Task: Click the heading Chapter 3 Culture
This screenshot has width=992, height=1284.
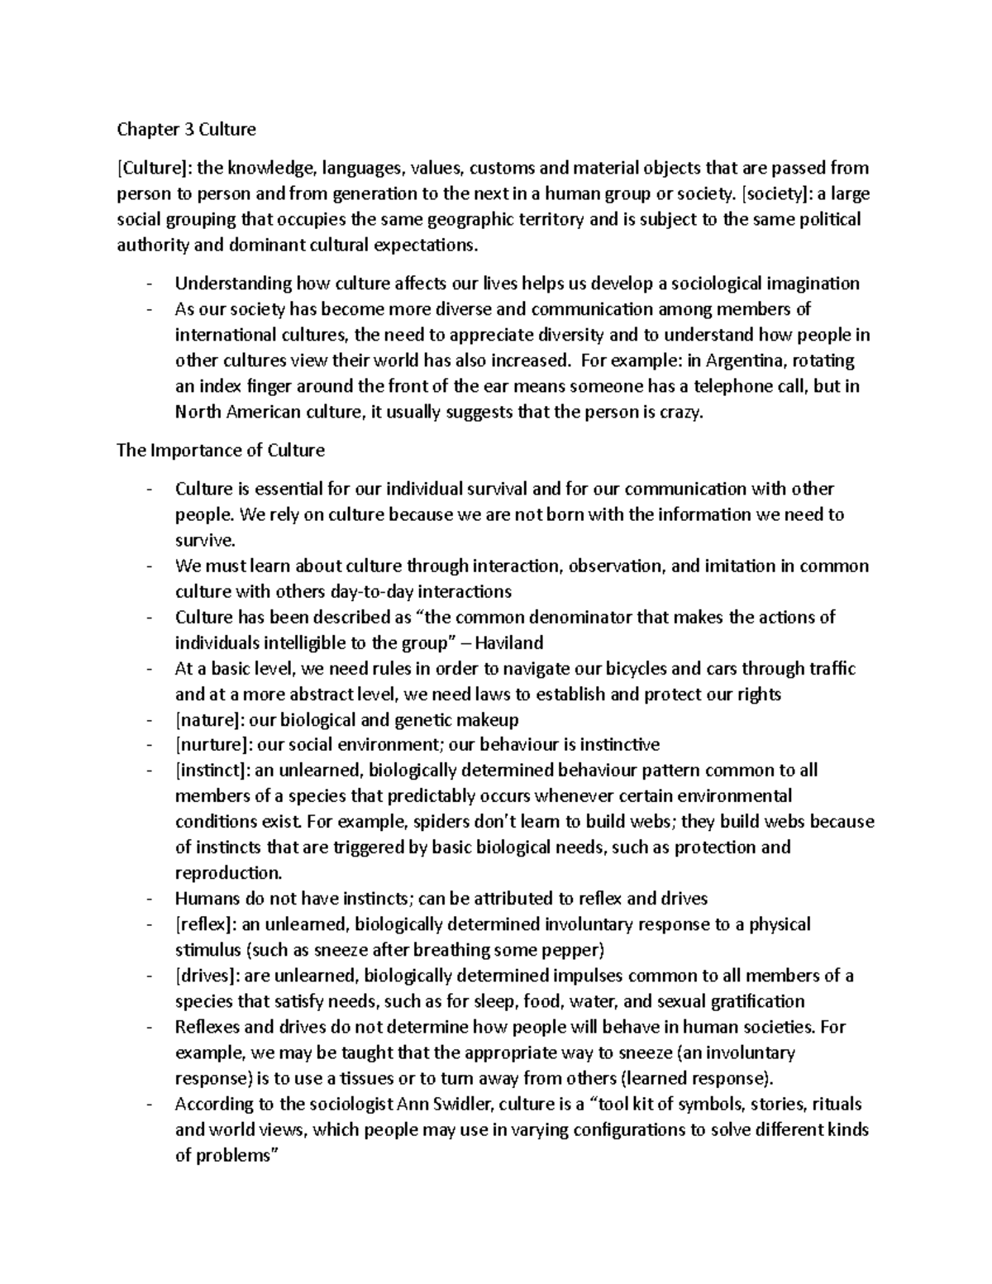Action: pos(186,129)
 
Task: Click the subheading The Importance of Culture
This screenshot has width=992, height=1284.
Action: pos(221,451)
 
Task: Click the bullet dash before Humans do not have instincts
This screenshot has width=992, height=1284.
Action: pos(148,899)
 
